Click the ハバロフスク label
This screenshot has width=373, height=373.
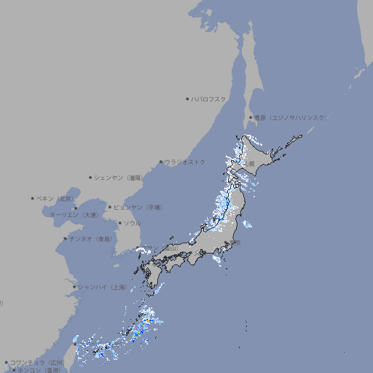209,99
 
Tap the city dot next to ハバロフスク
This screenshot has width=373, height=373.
187,99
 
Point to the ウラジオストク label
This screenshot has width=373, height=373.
186,162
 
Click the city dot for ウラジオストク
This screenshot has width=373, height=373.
161,162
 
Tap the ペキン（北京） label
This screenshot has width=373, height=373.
56,198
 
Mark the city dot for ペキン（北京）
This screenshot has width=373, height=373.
33,198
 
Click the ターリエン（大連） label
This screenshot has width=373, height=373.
74,215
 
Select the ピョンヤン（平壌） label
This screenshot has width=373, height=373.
138,207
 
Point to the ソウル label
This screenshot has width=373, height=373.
132,223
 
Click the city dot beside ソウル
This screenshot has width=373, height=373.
119,223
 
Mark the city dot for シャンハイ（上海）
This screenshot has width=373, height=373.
74,287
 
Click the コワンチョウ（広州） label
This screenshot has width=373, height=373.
37,362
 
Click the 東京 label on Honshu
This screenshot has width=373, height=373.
236,243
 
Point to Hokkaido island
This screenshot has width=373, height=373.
259,157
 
